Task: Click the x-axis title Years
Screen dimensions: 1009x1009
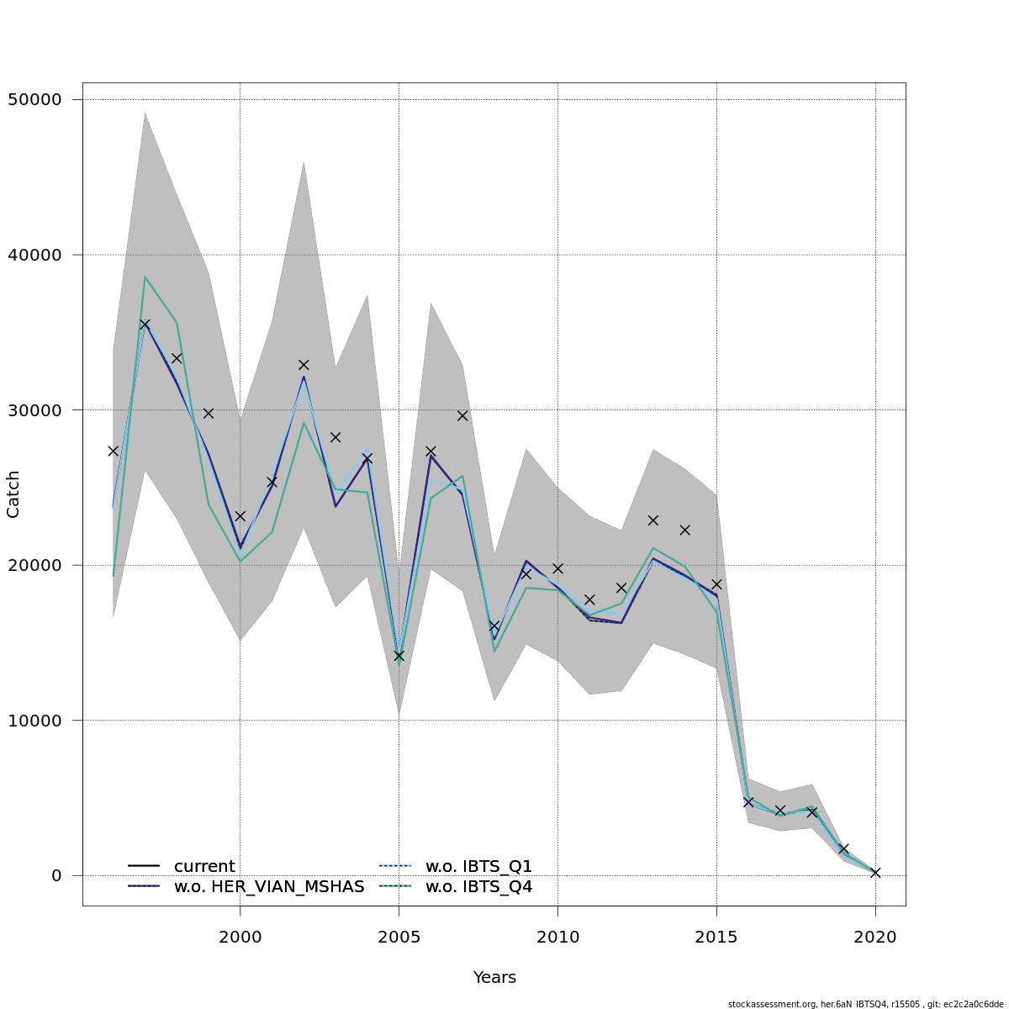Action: [494, 978]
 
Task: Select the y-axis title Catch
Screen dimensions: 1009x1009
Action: [13, 494]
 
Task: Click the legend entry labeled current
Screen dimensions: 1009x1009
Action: [204, 867]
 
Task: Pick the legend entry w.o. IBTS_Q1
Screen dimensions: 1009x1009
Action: [478, 867]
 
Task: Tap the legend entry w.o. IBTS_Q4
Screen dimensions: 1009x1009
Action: [478, 887]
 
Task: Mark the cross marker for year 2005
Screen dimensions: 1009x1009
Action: [399, 656]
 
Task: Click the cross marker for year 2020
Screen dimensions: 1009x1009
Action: [875, 873]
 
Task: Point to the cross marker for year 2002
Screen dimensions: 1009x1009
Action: [304, 365]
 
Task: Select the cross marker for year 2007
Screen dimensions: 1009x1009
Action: [462, 415]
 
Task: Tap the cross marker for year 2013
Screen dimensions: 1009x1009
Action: [652, 520]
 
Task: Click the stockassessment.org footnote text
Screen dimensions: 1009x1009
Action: [866, 1004]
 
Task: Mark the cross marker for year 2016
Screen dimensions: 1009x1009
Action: [748, 802]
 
